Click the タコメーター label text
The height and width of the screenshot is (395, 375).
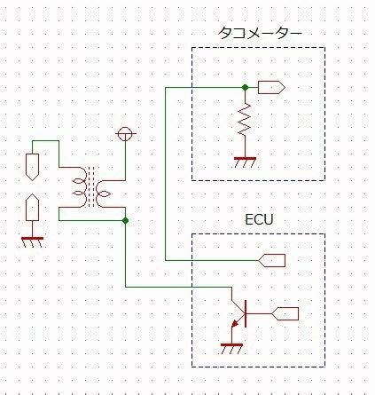pyautogui.click(x=260, y=33)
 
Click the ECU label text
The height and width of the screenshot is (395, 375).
pyautogui.click(x=259, y=219)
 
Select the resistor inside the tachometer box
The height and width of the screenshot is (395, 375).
pyautogui.click(x=245, y=120)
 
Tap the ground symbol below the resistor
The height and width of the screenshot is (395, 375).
pyautogui.click(x=245, y=162)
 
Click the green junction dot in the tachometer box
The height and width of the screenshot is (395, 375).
pyautogui.click(x=245, y=87)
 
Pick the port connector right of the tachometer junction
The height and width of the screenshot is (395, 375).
pyautogui.click(x=271, y=87)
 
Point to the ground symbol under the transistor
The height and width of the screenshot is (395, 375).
pyautogui.click(x=231, y=349)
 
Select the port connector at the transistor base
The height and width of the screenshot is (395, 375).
pyautogui.click(x=285, y=313)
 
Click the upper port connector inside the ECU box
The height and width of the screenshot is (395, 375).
pyautogui.click(x=272, y=260)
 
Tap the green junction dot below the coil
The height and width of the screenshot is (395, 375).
pyautogui.click(x=125, y=220)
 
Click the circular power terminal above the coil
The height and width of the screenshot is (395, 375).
pyautogui.click(x=125, y=133)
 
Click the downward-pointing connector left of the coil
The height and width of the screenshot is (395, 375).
pyautogui.click(x=32, y=167)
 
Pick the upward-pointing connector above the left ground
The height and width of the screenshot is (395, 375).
pyautogui.click(x=32, y=208)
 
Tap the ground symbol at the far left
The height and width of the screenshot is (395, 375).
pyautogui.click(x=32, y=242)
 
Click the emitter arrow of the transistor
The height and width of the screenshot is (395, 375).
pyautogui.click(x=235, y=323)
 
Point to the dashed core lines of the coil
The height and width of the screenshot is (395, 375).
pyautogui.click(x=91, y=187)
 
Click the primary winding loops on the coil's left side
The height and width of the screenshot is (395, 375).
pyautogui.click(x=79, y=187)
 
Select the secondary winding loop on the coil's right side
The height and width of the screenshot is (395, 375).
pyautogui.click(x=104, y=194)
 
